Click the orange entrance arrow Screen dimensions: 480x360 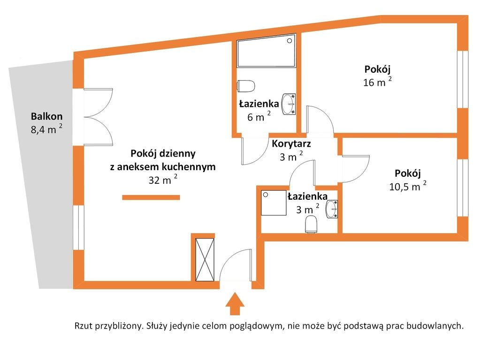click(x=235, y=304)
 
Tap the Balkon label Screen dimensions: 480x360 click(x=47, y=116)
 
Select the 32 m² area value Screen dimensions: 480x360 click(x=163, y=180)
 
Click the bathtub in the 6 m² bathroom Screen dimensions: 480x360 click(x=267, y=51)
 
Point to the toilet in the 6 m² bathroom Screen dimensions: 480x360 click(x=246, y=86)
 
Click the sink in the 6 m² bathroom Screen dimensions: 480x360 click(x=289, y=104)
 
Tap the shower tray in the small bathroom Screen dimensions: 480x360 click(x=274, y=203)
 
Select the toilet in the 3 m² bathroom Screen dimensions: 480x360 click(x=312, y=224)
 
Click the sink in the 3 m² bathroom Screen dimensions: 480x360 click(x=332, y=209)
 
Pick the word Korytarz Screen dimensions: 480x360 click(x=291, y=143)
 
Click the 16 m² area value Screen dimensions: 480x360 click(x=377, y=82)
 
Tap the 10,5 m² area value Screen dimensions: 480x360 click(x=408, y=186)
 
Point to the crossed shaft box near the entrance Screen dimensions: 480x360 click(x=205, y=260)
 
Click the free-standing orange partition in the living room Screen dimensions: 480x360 click(x=151, y=198)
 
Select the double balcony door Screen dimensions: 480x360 click(x=98, y=117)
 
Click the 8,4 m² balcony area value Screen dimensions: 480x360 click(x=46, y=129)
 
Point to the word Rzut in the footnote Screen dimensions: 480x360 click(x=83, y=326)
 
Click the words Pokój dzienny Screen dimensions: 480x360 click(x=163, y=153)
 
